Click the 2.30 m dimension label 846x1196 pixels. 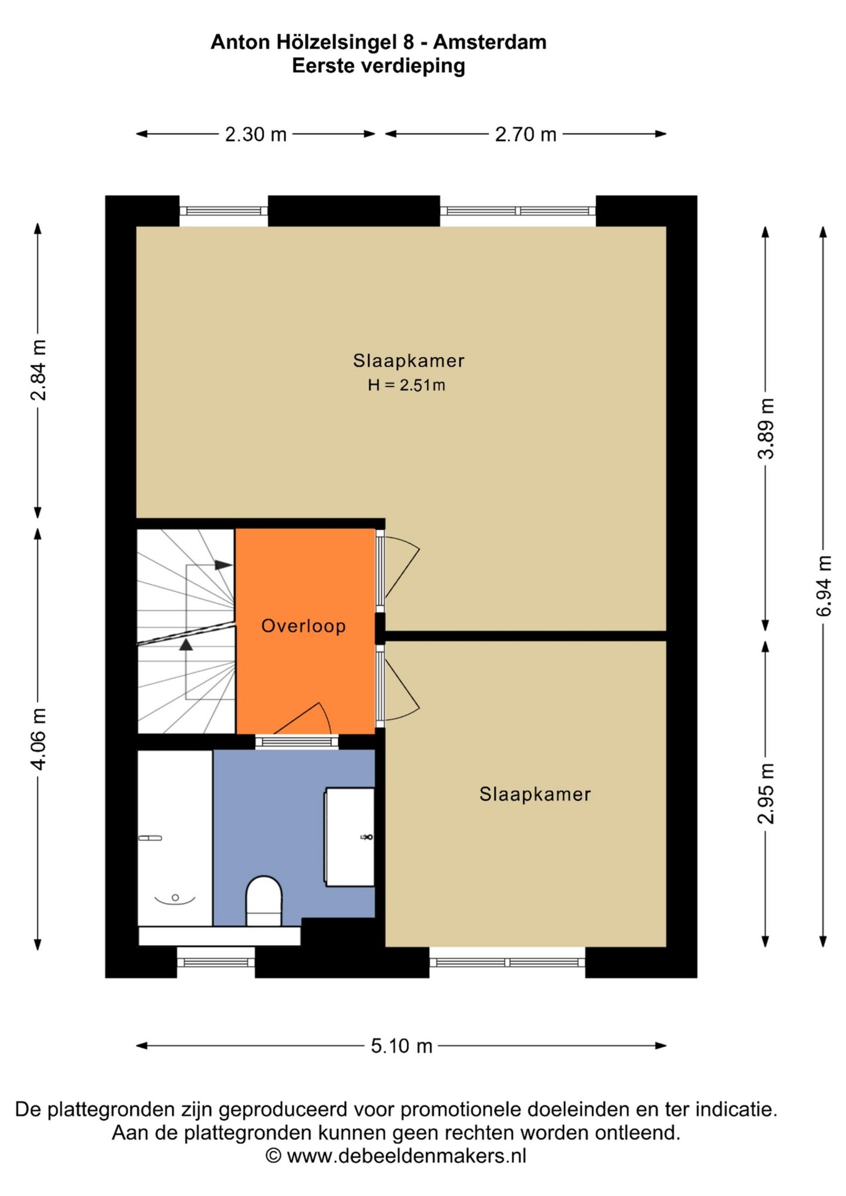click(x=256, y=135)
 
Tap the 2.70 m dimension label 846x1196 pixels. click(x=525, y=135)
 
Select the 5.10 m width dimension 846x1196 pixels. click(x=401, y=1046)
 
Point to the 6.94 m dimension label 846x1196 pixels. click(x=824, y=586)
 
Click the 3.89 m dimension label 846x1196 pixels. click(x=766, y=428)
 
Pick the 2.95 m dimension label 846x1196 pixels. click(x=766, y=794)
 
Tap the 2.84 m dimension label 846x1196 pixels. click(x=38, y=370)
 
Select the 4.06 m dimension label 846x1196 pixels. click(x=38, y=739)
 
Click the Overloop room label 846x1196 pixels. click(x=303, y=626)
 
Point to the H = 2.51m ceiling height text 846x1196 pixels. click(x=407, y=385)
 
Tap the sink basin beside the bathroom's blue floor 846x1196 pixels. click(x=350, y=837)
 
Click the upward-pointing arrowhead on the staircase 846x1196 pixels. click(x=186, y=645)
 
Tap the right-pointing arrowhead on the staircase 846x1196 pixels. click(x=223, y=565)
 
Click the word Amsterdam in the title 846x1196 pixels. click(x=490, y=42)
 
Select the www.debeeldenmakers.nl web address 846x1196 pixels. click(x=407, y=1155)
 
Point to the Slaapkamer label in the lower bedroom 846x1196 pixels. click(x=535, y=794)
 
